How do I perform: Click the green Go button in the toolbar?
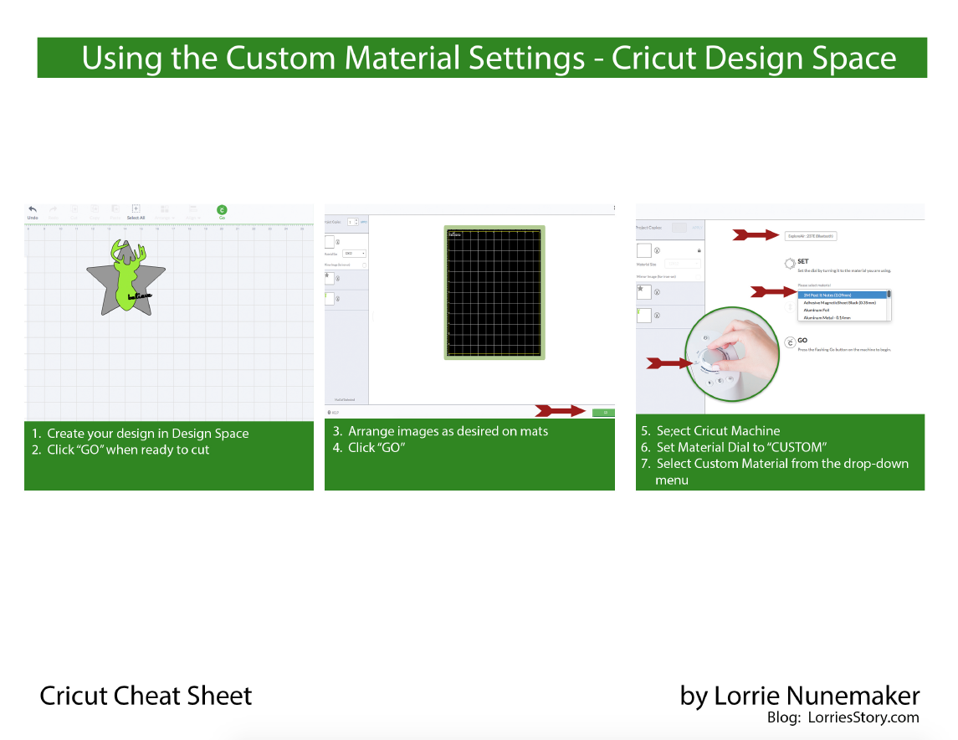[x=222, y=210]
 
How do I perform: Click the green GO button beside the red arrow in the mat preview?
[x=602, y=412]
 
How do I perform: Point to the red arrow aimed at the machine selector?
[x=756, y=235]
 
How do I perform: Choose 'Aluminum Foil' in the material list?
[x=817, y=310]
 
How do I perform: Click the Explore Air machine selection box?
[x=812, y=236]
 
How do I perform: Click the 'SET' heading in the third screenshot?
[x=803, y=262]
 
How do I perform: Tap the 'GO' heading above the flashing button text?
[x=802, y=341]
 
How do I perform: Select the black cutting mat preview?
[x=494, y=292]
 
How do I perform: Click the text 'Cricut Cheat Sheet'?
[x=146, y=696]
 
